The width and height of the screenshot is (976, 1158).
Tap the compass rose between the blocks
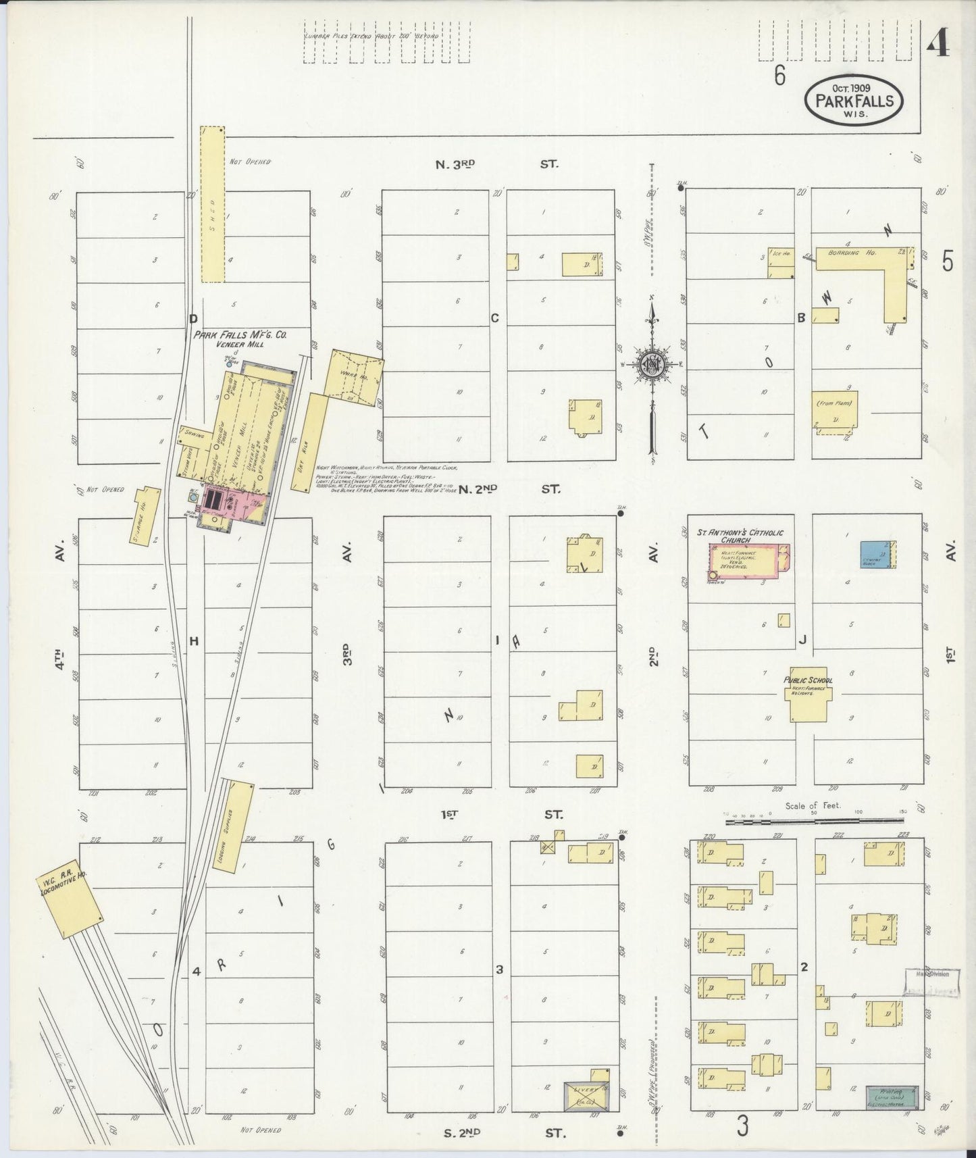(652, 364)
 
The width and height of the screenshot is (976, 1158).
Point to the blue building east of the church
(876, 553)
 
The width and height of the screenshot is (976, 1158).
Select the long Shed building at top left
(211, 203)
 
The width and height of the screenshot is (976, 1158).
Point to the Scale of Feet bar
(814, 821)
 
